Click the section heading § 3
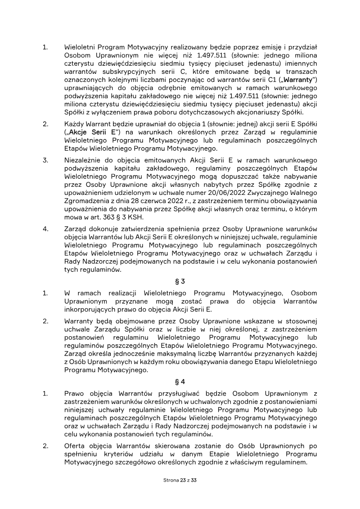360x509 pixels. (x=180, y=282)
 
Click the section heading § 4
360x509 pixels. (x=180, y=382)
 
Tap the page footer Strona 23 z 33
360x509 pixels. (x=180, y=480)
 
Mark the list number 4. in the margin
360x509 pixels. (x=45, y=228)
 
